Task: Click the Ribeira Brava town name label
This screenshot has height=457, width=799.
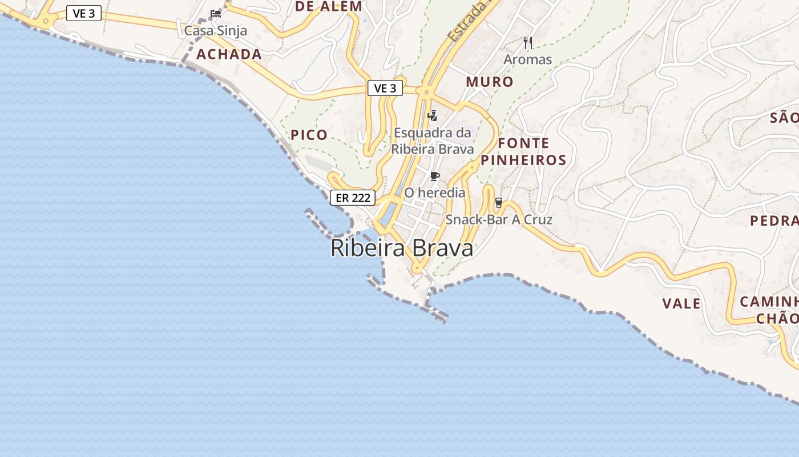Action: coord(402,248)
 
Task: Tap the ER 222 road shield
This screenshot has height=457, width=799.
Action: coord(353,198)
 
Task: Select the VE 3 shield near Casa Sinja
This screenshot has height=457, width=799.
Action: coord(84,13)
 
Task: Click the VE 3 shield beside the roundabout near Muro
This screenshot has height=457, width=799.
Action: coord(385,88)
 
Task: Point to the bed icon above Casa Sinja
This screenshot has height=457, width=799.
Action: coord(216,14)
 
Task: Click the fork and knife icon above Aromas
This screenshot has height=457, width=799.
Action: coord(528,42)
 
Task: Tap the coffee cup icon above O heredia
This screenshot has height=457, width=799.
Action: coord(435,176)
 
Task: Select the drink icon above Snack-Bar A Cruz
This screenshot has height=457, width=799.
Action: coord(499,202)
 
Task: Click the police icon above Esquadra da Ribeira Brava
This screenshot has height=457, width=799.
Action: coord(433,116)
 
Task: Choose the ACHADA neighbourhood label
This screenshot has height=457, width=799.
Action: coord(229,54)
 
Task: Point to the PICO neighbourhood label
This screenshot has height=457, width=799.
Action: coord(309,135)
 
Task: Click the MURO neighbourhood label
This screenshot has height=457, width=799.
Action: coord(490,82)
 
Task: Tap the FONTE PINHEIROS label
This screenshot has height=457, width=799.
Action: coord(523,151)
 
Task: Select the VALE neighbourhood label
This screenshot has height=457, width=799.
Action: coord(681,303)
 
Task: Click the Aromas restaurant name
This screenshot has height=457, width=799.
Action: coord(528,59)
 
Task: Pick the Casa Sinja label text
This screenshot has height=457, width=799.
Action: coord(216,30)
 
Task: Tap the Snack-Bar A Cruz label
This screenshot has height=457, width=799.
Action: coord(499,219)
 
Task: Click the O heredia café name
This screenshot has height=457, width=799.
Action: coord(435,193)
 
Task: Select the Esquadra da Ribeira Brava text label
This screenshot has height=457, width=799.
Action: coord(433,141)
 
